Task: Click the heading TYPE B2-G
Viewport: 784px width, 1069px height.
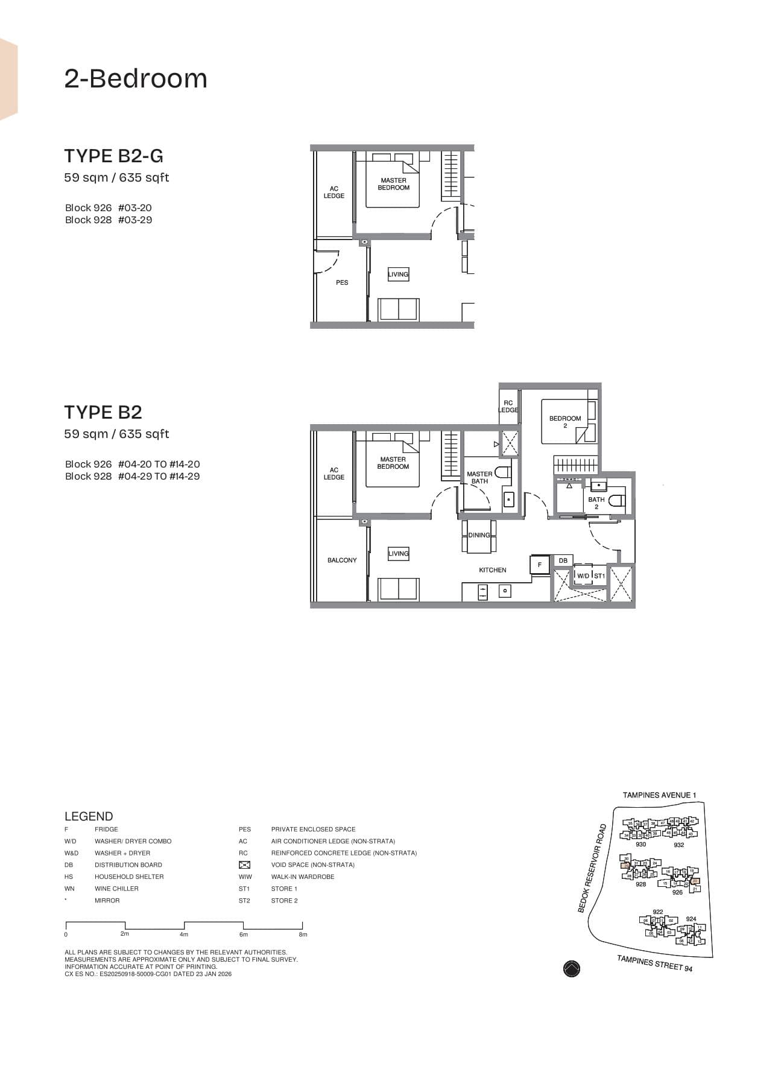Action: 113,156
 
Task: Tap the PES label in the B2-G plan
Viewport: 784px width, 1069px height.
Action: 342,282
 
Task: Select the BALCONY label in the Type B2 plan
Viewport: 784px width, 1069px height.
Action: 342,560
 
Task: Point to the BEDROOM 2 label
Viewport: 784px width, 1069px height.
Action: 565,422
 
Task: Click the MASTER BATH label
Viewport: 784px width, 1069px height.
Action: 479,477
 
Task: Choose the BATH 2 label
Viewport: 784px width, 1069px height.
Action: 596,503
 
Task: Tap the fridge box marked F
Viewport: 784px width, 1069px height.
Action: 540,565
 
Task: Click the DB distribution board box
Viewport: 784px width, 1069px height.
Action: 563,561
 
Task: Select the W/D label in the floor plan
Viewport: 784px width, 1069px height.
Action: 583,576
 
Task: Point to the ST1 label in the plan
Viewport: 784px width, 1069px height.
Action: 599,576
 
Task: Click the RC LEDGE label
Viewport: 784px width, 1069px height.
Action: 508,407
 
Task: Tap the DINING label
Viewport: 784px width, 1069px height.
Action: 479,535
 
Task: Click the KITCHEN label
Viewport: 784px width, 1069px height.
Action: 493,570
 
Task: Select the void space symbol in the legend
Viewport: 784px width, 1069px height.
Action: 244,865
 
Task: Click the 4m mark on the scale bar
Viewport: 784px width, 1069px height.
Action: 184,934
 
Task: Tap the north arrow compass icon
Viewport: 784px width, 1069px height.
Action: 571,968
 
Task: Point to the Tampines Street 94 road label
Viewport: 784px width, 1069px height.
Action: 654,963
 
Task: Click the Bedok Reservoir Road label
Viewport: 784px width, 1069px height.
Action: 592,868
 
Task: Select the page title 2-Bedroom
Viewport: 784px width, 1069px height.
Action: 136,79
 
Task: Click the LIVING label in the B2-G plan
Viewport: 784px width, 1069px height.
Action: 398,274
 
